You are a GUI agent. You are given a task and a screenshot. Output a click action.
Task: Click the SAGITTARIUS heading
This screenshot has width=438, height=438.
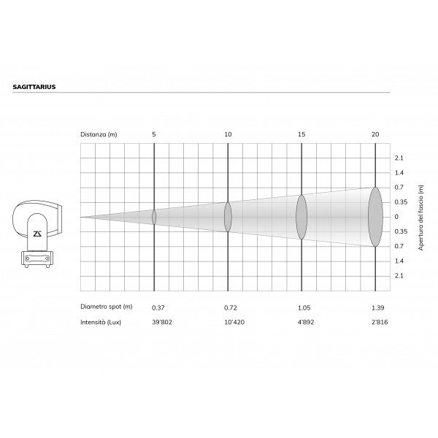34,87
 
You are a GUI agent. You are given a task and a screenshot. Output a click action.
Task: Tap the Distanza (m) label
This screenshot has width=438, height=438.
99,134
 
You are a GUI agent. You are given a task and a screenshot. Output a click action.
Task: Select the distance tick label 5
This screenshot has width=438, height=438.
154,134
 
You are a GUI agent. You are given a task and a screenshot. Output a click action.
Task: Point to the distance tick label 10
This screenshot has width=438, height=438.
228,134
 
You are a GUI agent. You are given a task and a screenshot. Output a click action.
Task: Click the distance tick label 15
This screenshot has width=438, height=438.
301,134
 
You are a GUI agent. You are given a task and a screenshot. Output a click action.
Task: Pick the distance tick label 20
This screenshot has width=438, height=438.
375,134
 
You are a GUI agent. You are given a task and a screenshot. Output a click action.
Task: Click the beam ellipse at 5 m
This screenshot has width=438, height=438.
154,217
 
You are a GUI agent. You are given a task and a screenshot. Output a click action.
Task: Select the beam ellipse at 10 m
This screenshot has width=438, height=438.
228,217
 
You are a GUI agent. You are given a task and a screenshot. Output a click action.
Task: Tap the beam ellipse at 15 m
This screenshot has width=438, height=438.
301,217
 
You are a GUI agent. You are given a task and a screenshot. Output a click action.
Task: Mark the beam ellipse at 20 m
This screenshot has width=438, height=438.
375,217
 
